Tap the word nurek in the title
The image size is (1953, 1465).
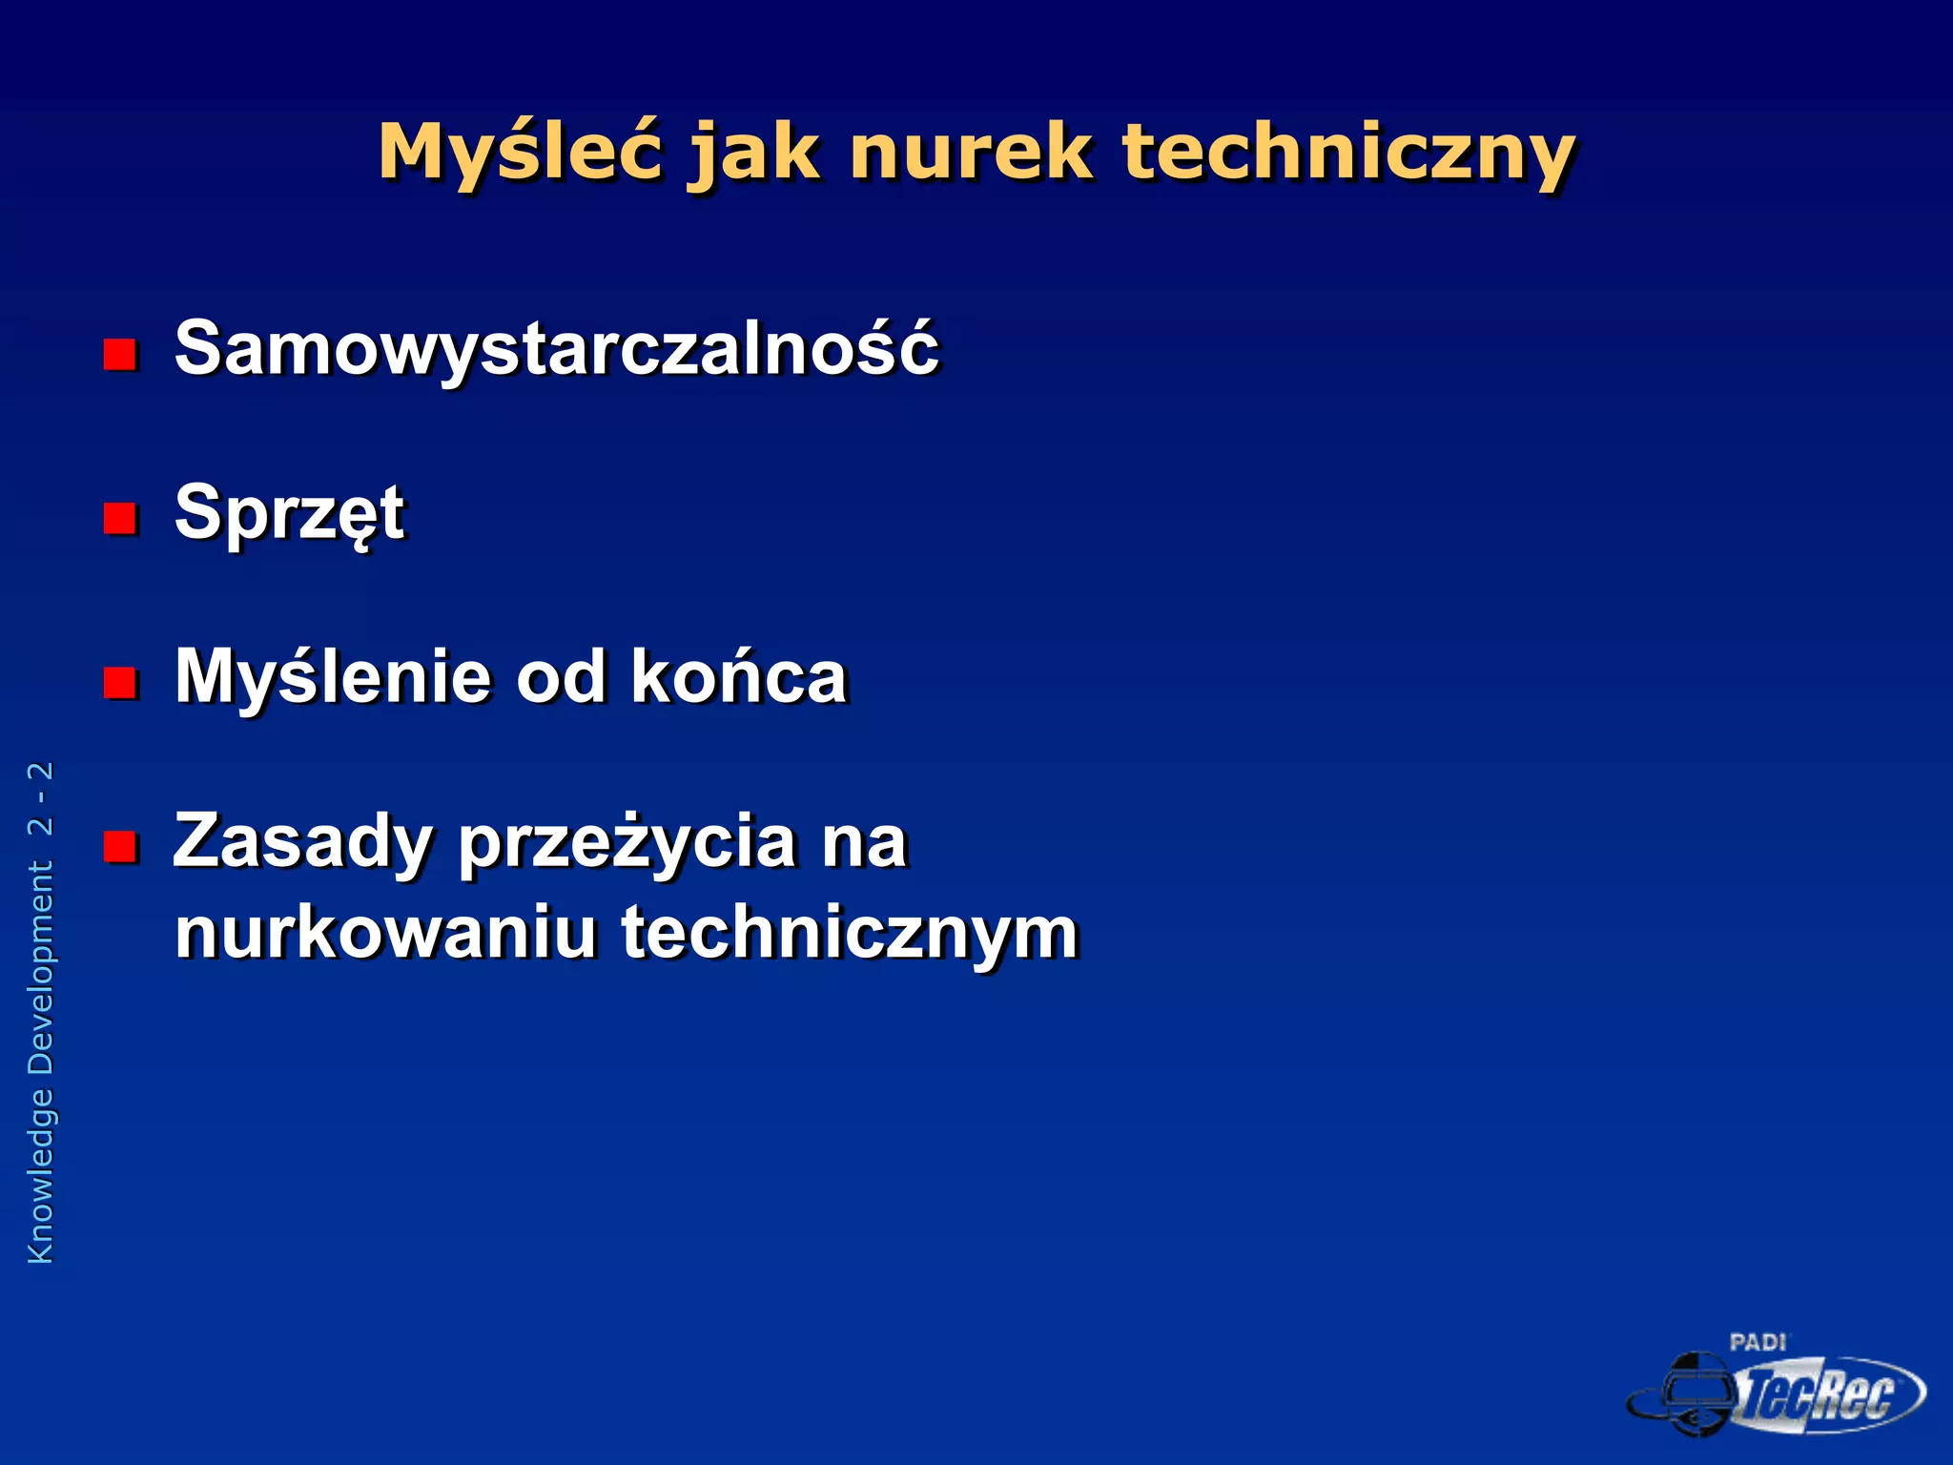[x=970, y=153]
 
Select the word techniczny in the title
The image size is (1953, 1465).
[x=1347, y=153]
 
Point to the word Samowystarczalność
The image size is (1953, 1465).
[x=557, y=349]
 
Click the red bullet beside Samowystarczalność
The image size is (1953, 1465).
[x=120, y=355]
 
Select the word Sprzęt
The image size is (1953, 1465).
[x=290, y=514]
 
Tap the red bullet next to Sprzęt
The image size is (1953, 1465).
[x=120, y=519]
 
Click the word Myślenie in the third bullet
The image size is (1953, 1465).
[x=333, y=678]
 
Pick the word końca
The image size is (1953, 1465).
[x=739, y=678]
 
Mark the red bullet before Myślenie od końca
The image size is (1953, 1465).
[x=120, y=683]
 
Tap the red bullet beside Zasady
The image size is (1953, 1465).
[x=120, y=846]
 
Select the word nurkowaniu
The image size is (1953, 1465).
[x=385, y=933]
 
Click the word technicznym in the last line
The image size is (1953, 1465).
[x=850, y=933]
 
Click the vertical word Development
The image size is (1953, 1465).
[x=41, y=967]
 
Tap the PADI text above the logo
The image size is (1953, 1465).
[x=1758, y=1343]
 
